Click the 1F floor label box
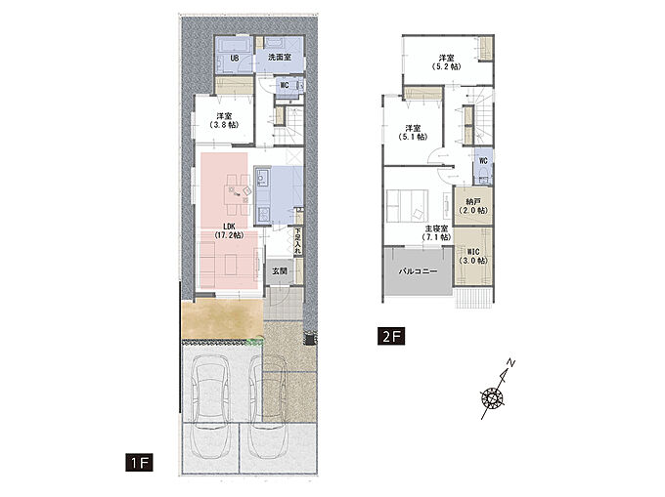coord(139,462)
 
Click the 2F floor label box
coord(391,337)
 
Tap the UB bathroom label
coord(234,58)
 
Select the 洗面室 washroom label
coord(280,58)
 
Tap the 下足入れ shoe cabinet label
coord(298,241)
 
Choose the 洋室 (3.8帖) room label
coord(224,120)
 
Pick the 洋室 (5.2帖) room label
coord(446,62)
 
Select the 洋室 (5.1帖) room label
coord(413,132)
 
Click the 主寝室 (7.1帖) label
coord(436,232)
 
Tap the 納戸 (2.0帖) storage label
coord(473,206)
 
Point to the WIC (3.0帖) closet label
coord(473,256)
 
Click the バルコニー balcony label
coord(418,271)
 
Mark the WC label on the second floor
coord(483,161)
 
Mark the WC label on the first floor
coord(285,85)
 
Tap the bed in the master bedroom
coord(407,205)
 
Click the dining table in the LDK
coord(239,194)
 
